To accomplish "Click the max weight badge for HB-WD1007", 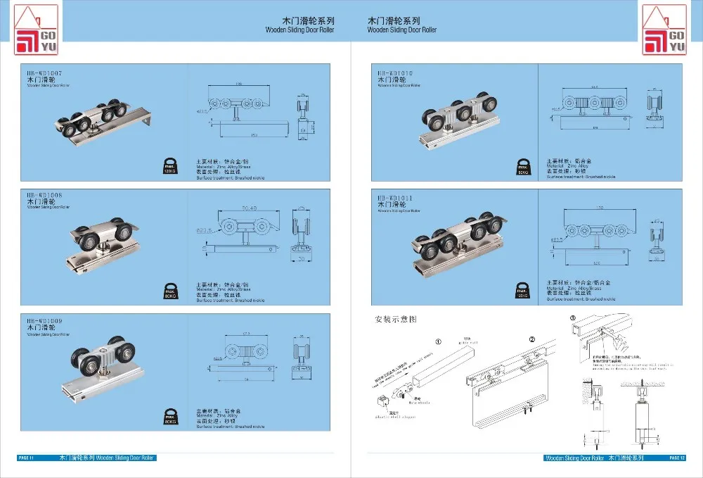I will tap(169, 165).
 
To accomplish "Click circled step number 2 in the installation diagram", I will tap(532, 339).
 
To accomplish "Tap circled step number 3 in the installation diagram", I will tap(573, 318).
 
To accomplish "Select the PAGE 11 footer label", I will tap(27, 458).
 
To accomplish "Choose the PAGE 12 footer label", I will tap(676, 458).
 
